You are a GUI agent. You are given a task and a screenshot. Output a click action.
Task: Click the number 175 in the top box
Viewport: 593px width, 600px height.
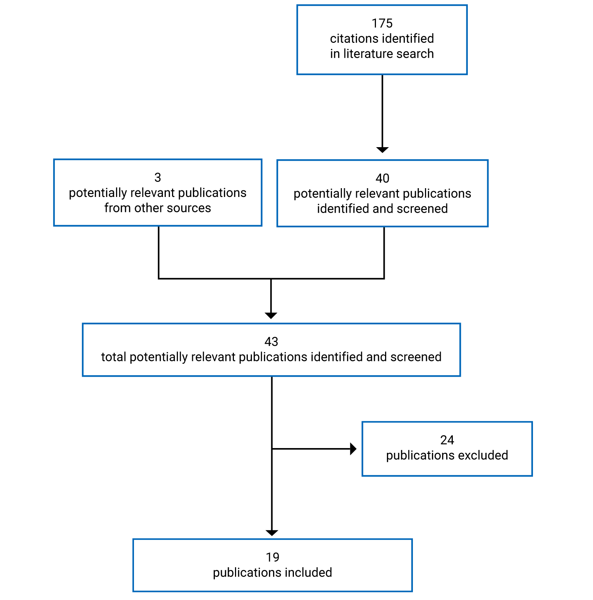[x=382, y=23]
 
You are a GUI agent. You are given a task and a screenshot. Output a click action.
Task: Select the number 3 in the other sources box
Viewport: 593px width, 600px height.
[x=157, y=178]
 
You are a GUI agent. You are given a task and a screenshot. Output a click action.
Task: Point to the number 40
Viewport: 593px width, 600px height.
[x=382, y=178]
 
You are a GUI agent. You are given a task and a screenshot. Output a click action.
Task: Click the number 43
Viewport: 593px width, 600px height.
[x=271, y=342]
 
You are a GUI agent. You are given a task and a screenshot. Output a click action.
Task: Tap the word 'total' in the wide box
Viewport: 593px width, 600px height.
[x=113, y=357]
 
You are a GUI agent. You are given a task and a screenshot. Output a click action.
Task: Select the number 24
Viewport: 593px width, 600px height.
[x=447, y=440]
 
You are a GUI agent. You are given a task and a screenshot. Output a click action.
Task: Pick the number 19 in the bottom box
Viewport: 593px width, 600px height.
[x=272, y=557]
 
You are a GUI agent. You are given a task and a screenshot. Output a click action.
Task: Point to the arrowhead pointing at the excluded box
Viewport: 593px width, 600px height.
[x=353, y=449]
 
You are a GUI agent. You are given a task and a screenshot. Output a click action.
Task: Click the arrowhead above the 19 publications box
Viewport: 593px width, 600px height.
[x=272, y=533]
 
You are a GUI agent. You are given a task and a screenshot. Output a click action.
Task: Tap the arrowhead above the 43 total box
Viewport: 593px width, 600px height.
[x=271, y=316]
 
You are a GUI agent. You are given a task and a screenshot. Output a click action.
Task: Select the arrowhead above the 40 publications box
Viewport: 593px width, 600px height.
[x=382, y=150]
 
